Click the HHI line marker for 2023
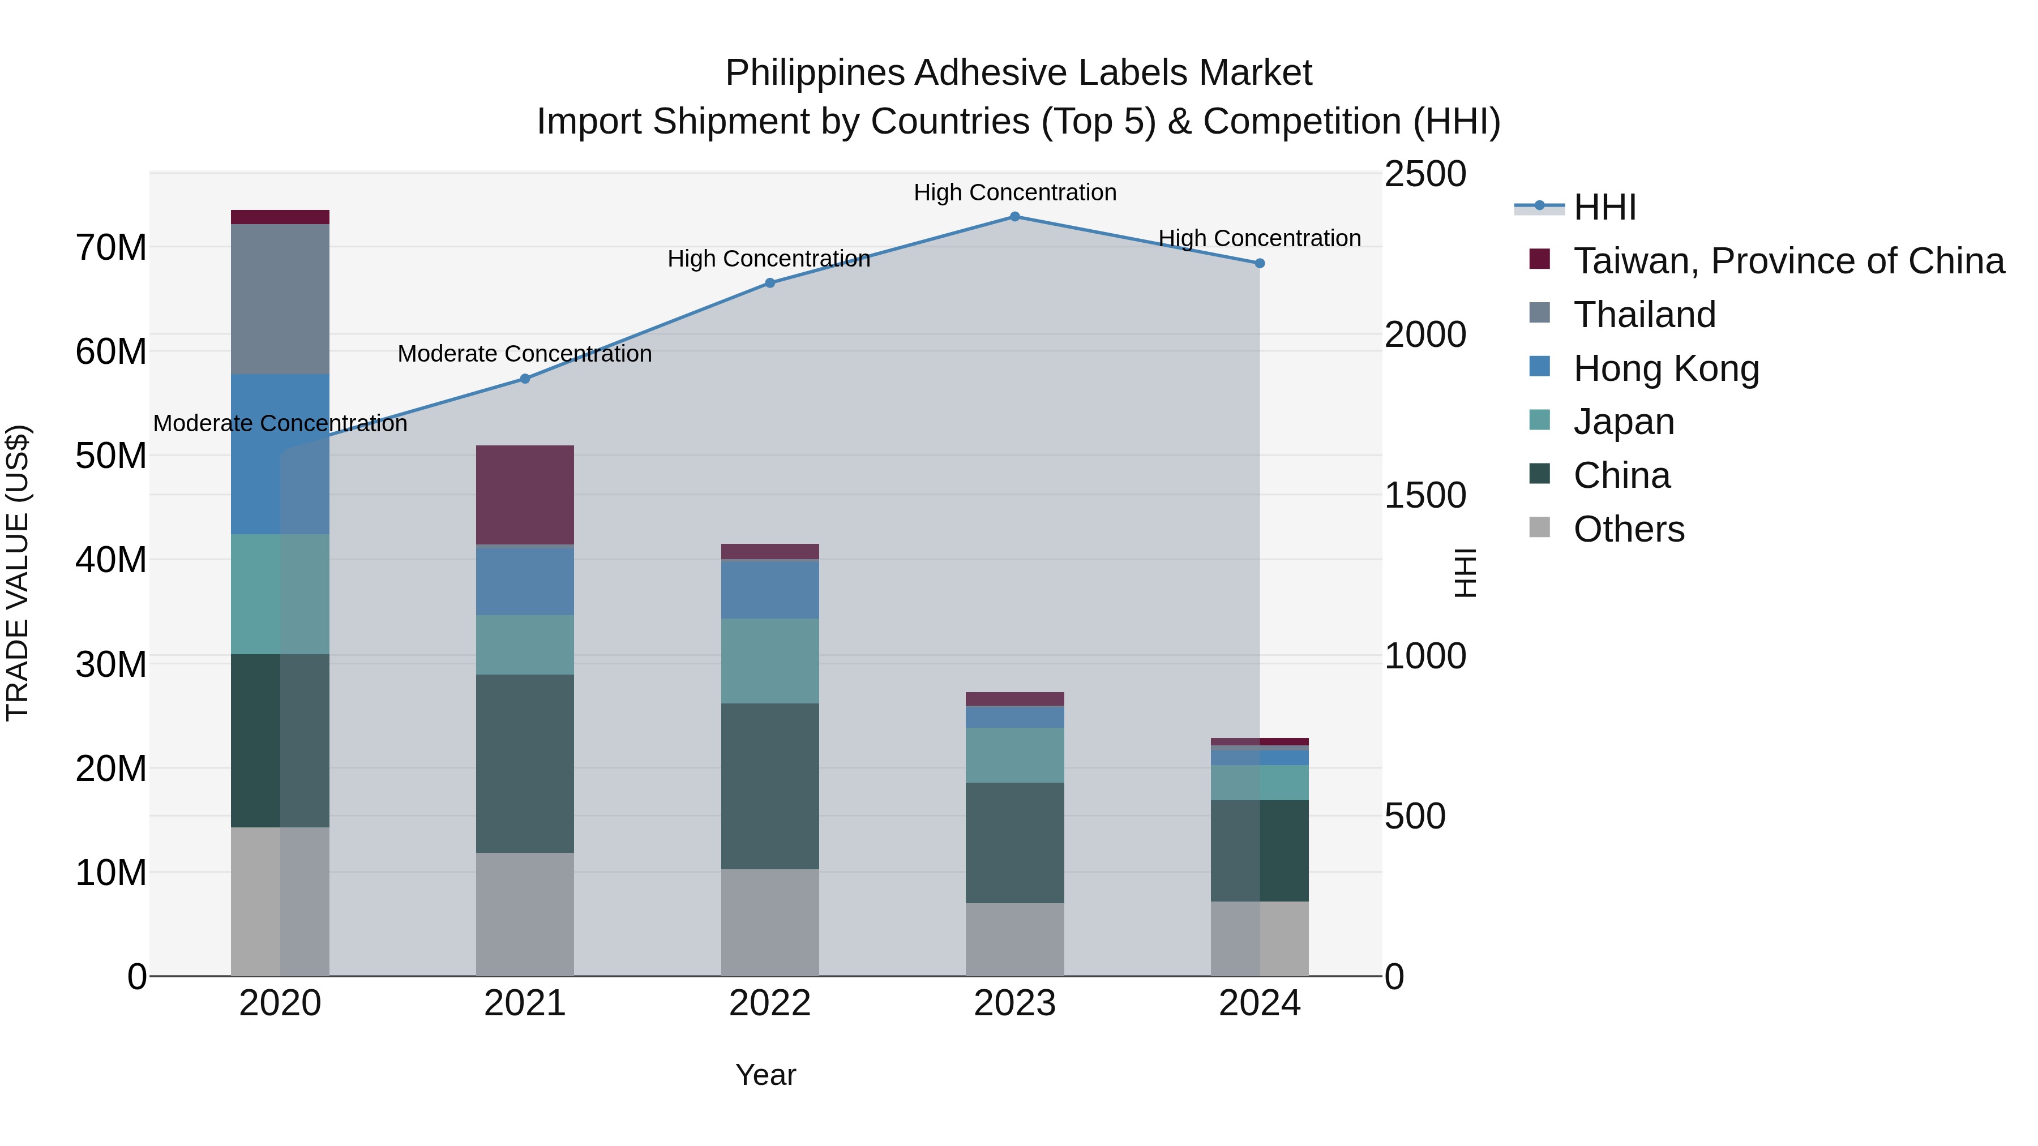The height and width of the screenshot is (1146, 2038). pyautogui.click(x=1014, y=217)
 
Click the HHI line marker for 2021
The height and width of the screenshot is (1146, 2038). pyautogui.click(x=525, y=379)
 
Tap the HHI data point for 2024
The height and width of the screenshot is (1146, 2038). pyautogui.click(x=1260, y=263)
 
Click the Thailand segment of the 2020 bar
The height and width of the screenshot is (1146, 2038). pyautogui.click(x=280, y=299)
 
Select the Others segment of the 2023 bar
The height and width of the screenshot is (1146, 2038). pyautogui.click(x=1014, y=939)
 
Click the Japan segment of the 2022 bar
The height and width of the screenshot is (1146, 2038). pyautogui.click(x=770, y=660)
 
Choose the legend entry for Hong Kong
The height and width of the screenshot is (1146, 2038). pyautogui.click(x=1665, y=368)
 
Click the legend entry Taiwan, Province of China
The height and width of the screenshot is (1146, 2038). pyautogui.click(x=1788, y=261)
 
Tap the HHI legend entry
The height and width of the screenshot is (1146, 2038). pyautogui.click(x=1604, y=207)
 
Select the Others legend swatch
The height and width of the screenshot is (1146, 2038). pyautogui.click(x=1540, y=527)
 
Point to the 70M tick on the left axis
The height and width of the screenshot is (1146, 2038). pyautogui.click(x=111, y=247)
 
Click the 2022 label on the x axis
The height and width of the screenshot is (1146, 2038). pyautogui.click(x=770, y=1003)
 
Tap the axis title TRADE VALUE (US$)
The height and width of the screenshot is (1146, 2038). pyautogui.click(x=18, y=573)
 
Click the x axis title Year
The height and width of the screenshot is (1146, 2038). pyautogui.click(x=765, y=1075)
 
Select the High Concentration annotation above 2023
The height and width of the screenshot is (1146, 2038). pyautogui.click(x=1014, y=192)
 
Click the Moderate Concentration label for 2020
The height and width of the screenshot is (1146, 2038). pyautogui.click(x=280, y=424)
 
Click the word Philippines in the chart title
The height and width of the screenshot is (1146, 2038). pyautogui.click(x=814, y=73)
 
